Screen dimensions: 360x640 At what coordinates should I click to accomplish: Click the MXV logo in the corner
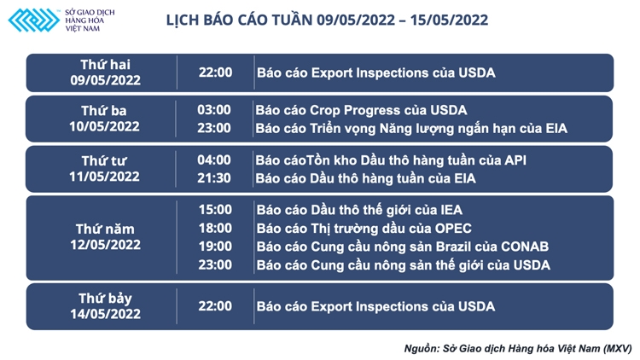point(34,20)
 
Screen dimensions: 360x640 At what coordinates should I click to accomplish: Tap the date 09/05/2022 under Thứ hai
point(105,81)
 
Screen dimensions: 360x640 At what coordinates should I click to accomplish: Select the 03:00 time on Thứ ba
point(214,110)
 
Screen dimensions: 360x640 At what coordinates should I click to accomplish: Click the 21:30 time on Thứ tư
point(214,178)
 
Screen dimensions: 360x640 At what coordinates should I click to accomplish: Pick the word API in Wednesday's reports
point(515,160)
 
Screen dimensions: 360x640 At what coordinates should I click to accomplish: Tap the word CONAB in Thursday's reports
point(521,247)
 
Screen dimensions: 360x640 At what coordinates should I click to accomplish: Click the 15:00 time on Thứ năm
point(214,210)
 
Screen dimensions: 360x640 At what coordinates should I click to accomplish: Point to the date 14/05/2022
point(105,315)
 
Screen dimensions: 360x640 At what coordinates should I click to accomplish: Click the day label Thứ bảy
point(105,299)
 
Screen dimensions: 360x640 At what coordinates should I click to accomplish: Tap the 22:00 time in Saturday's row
point(214,306)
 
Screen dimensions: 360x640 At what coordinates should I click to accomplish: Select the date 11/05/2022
point(105,177)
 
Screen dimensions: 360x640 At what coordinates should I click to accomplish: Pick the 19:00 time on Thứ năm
point(214,247)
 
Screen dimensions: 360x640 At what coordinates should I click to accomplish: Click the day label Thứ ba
point(105,111)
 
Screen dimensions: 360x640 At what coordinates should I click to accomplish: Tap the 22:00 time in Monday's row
point(214,73)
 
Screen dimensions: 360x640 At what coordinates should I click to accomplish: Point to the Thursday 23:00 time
point(214,265)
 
